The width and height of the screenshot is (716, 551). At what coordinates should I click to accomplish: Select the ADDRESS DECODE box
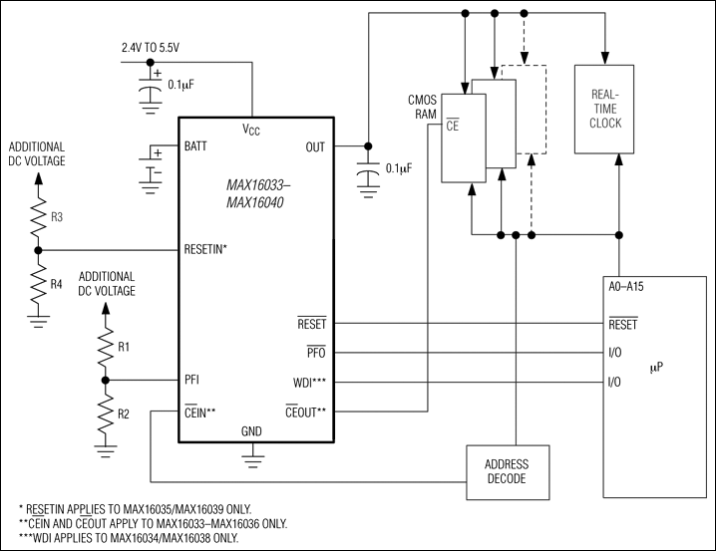pos(507,471)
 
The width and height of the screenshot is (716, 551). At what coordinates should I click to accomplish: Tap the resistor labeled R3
pos(38,216)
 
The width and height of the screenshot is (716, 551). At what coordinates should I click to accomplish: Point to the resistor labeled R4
pos(38,284)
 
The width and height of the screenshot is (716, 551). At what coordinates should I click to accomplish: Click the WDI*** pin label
pos(318,382)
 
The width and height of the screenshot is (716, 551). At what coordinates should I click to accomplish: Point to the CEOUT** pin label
pos(312,410)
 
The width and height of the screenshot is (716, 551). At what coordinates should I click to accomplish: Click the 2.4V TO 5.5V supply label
pos(155,47)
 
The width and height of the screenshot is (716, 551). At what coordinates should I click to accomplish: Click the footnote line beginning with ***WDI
pos(129,538)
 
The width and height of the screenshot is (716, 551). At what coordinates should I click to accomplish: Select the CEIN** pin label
pos(200,410)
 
